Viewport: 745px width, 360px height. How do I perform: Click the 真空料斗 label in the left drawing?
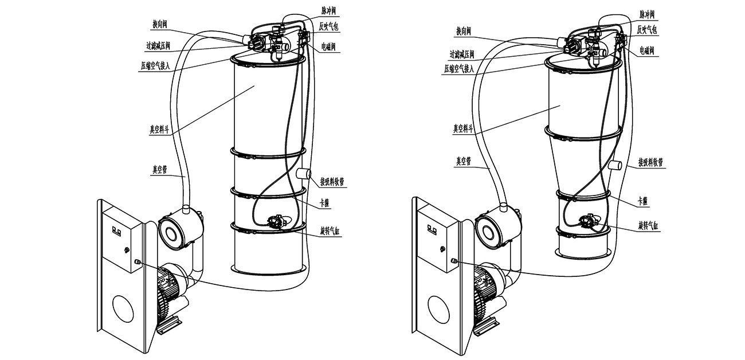pos(159,130)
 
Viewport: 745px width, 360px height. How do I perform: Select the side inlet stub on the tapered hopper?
pos(616,166)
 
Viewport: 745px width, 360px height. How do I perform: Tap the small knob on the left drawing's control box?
pos(126,249)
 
